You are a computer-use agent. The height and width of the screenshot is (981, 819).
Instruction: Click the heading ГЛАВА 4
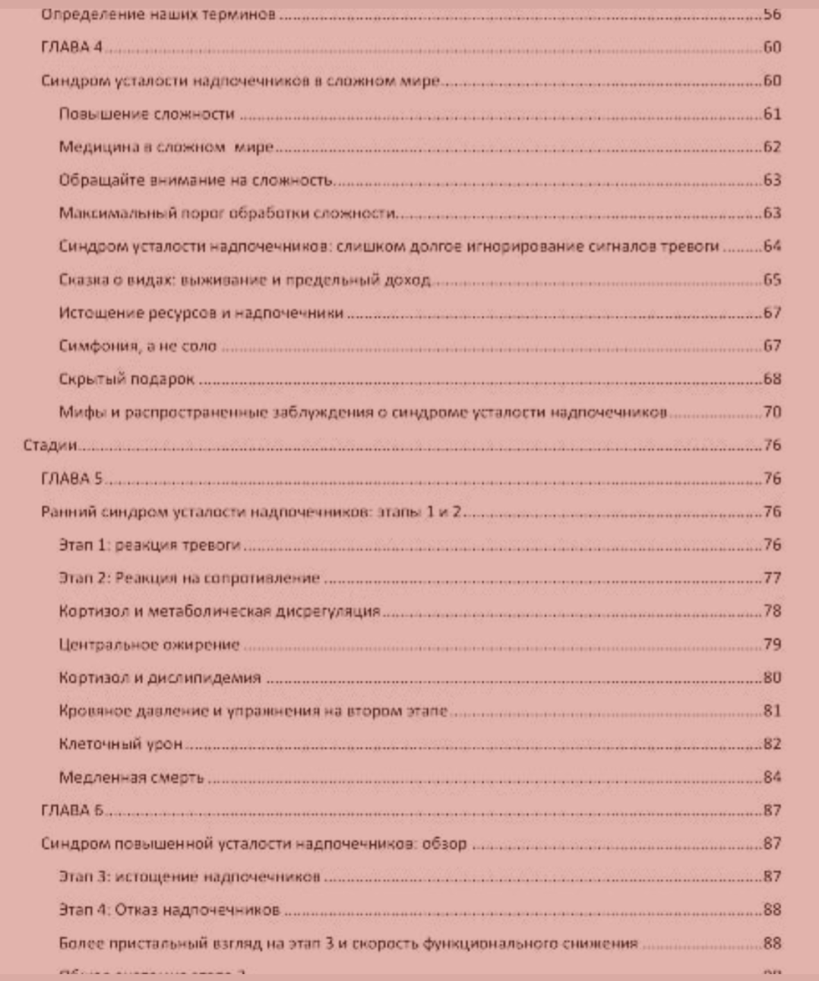click(x=71, y=47)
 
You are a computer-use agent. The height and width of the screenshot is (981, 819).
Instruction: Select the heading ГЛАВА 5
click(x=71, y=479)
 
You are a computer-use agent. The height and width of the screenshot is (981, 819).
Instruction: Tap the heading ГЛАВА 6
click(x=71, y=810)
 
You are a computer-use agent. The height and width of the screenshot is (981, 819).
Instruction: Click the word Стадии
click(x=49, y=445)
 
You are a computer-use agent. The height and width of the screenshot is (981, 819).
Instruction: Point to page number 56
click(x=772, y=14)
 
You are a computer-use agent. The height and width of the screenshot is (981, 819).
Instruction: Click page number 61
click(x=772, y=114)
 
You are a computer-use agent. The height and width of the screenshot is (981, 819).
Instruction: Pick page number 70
click(x=772, y=412)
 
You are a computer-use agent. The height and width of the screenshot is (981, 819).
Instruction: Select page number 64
click(x=772, y=245)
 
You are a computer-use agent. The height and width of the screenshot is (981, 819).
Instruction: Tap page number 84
click(x=772, y=777)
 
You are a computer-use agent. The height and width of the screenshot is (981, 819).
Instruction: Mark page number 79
click(x=772, y=644)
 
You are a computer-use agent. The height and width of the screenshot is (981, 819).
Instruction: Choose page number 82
click(x=772, y=744)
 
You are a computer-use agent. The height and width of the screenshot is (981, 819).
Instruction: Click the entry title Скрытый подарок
click(x=127, y=379)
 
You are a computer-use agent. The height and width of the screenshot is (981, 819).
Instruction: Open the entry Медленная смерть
click(x=131, y=777)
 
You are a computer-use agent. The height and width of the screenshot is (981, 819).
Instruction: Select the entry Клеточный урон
click(x=121, y=744)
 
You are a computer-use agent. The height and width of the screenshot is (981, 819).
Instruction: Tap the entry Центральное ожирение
click(x=149, y=645)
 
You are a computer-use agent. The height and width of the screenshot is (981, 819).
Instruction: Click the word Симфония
click(x=99, y=346)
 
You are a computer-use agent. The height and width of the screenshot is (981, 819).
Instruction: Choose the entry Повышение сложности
click(x=147, y=114)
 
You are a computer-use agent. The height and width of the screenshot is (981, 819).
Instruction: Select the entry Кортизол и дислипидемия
click(x=160, y=678)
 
